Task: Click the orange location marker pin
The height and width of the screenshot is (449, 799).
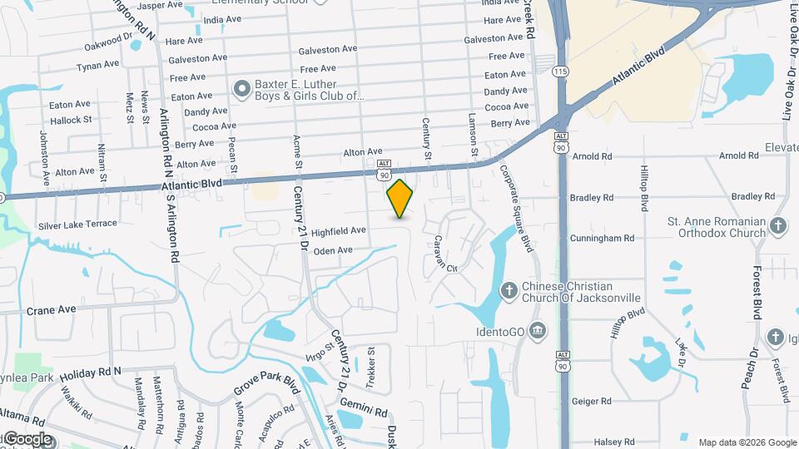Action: (x=400, y=198)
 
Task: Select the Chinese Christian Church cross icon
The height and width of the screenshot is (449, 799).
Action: (x=509, y=291)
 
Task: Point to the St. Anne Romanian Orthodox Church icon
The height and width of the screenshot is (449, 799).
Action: (x=777, y=226)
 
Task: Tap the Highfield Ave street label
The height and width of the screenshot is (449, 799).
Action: (x=339, y=229)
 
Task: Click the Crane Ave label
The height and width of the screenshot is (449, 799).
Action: (x=51, y=309)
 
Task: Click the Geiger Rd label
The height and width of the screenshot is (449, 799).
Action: (x=592, y=401)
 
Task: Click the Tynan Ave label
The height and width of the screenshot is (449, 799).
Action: (x=97, y=66)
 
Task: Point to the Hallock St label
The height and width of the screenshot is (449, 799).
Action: (x=70, y=121)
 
